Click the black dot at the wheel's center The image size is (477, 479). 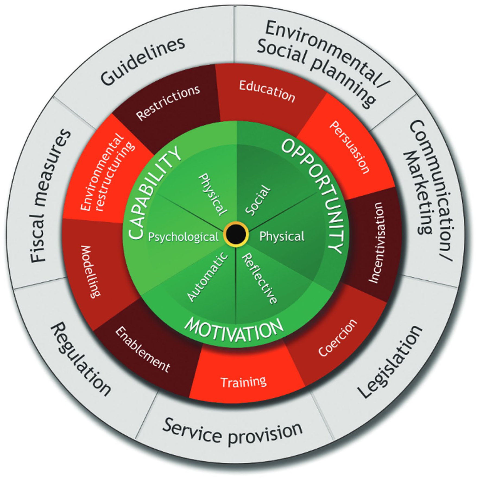236,234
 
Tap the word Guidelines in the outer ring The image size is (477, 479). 143,61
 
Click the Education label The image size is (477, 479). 267,91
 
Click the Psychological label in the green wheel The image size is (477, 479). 183,237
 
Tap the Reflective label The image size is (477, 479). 260,278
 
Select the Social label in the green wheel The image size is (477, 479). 258,201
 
